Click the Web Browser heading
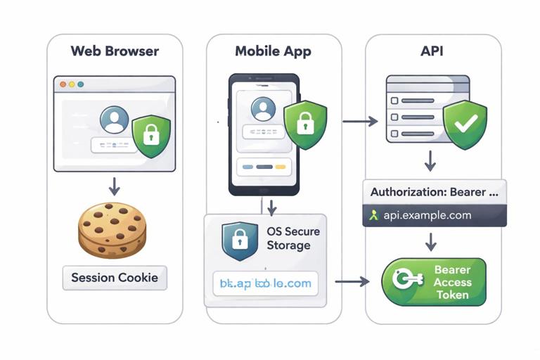click(115, 51)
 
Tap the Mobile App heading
click(273, 51)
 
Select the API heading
click(432, 51)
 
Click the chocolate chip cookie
click(112, 230)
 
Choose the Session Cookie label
click(115, 278)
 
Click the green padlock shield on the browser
click(152, 134)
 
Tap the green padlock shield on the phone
click(304, 124)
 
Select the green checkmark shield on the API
click(465, 124)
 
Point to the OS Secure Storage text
click(293, 238)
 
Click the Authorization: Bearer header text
click(434, 191)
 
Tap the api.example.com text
click(427, 215)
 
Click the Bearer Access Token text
click(451, 282)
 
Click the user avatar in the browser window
click(114, 120)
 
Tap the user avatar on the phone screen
click(263, 109)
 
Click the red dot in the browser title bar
click(63, 84)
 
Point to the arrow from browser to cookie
click(114, 186)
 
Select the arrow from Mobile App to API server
click(359, 122)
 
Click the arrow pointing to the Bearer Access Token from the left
click(352, 281)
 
